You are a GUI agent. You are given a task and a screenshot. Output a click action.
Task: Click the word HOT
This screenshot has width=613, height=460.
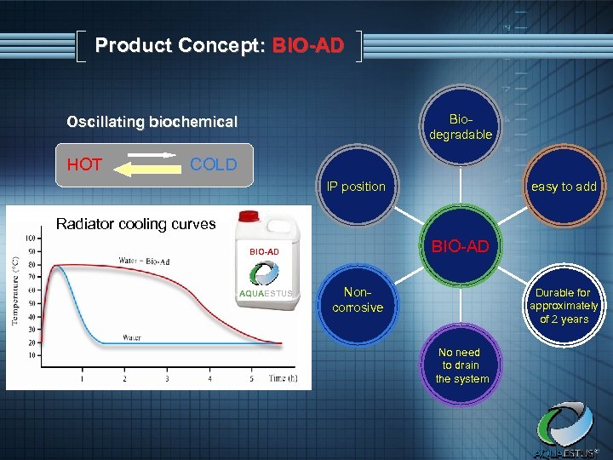84,165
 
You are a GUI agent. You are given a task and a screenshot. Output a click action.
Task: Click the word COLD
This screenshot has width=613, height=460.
213,164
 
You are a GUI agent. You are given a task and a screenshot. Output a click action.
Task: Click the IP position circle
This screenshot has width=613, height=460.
356,187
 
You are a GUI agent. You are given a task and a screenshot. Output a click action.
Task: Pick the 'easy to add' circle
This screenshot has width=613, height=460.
563,187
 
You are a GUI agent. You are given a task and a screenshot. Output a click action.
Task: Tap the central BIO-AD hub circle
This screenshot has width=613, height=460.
460,247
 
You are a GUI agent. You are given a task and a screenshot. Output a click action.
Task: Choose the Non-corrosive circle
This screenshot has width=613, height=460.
358,300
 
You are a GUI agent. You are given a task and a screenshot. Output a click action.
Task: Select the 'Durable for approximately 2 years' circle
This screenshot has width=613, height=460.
563,306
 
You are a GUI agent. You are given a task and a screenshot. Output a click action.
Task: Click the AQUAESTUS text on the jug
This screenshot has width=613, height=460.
265,293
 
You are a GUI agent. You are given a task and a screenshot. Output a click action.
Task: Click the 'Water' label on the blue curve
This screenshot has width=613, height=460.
131,337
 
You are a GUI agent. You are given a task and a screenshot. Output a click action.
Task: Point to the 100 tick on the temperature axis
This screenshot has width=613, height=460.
31,238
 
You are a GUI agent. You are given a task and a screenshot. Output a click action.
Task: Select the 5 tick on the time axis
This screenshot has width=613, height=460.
251,378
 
